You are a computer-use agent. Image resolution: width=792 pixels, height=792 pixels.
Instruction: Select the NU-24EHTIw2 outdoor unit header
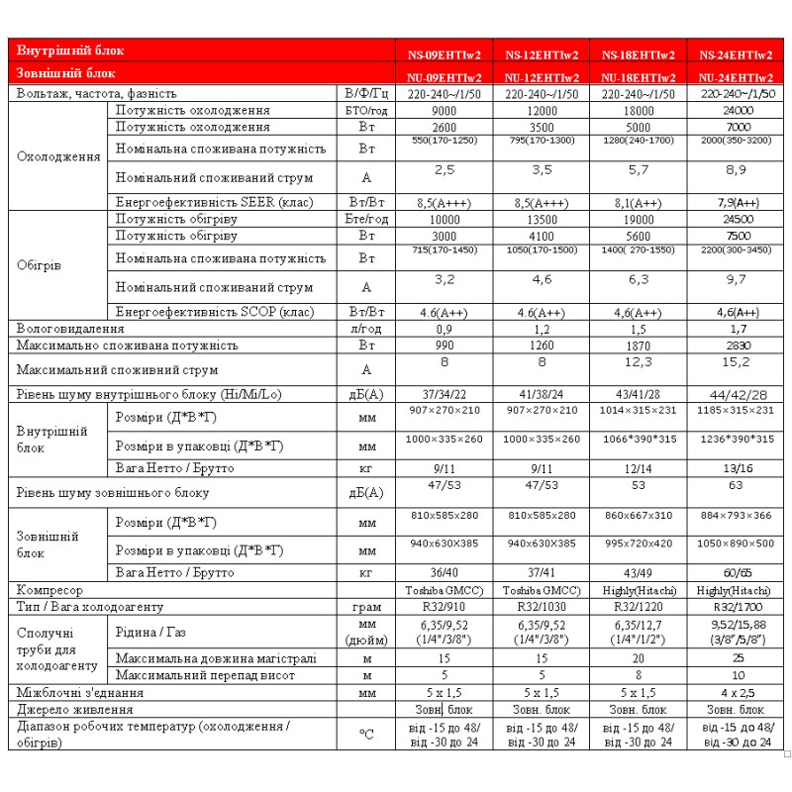click(736, 76)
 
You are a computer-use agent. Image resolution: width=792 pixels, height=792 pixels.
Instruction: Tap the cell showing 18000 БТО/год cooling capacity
click(639, 111)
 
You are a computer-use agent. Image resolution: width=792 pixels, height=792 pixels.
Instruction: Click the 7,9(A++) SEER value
click(736, 203)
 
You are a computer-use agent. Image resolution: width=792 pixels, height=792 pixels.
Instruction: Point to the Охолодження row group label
click(59, 156)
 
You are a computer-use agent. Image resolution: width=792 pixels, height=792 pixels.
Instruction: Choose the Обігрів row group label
click(41, 265)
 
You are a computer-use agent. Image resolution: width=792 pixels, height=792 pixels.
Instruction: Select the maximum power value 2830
click(736, 346)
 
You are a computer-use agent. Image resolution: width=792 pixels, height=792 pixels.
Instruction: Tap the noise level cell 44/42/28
click(736, 394)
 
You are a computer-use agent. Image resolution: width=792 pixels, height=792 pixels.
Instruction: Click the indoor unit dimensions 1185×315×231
click(736, 410)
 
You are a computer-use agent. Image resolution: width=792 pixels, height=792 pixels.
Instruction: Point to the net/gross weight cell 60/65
click(736, 572)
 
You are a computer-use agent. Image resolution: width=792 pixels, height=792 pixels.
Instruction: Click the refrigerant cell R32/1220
click(639, 605)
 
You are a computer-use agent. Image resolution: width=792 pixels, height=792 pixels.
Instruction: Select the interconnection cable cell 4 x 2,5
click(736, 693)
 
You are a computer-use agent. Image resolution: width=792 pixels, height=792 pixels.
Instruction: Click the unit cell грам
click(366, 605)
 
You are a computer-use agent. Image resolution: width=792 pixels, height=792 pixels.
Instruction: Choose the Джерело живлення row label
click(73, 710)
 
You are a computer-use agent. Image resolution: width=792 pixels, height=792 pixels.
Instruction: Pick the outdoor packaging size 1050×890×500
click(736, 544)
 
